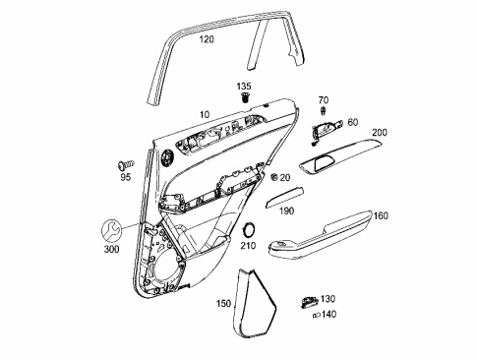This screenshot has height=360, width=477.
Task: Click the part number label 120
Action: (x=207, y=39)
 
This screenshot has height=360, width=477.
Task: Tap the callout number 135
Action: (x=244, y=87)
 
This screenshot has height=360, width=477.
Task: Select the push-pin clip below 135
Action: (x=245, y=97)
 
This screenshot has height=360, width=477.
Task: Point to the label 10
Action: (x=205, y=115)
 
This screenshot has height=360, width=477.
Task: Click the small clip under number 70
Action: (x=324, y=110)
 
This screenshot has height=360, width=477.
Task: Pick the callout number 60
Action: (x=353, y=122)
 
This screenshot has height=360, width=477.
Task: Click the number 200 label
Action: (x=380, y=133)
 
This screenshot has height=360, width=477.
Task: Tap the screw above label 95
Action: (x=126, y=164)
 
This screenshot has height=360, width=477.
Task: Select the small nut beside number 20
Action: (x=274, y=177)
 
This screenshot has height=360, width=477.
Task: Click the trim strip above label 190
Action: (x=284, y=198)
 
